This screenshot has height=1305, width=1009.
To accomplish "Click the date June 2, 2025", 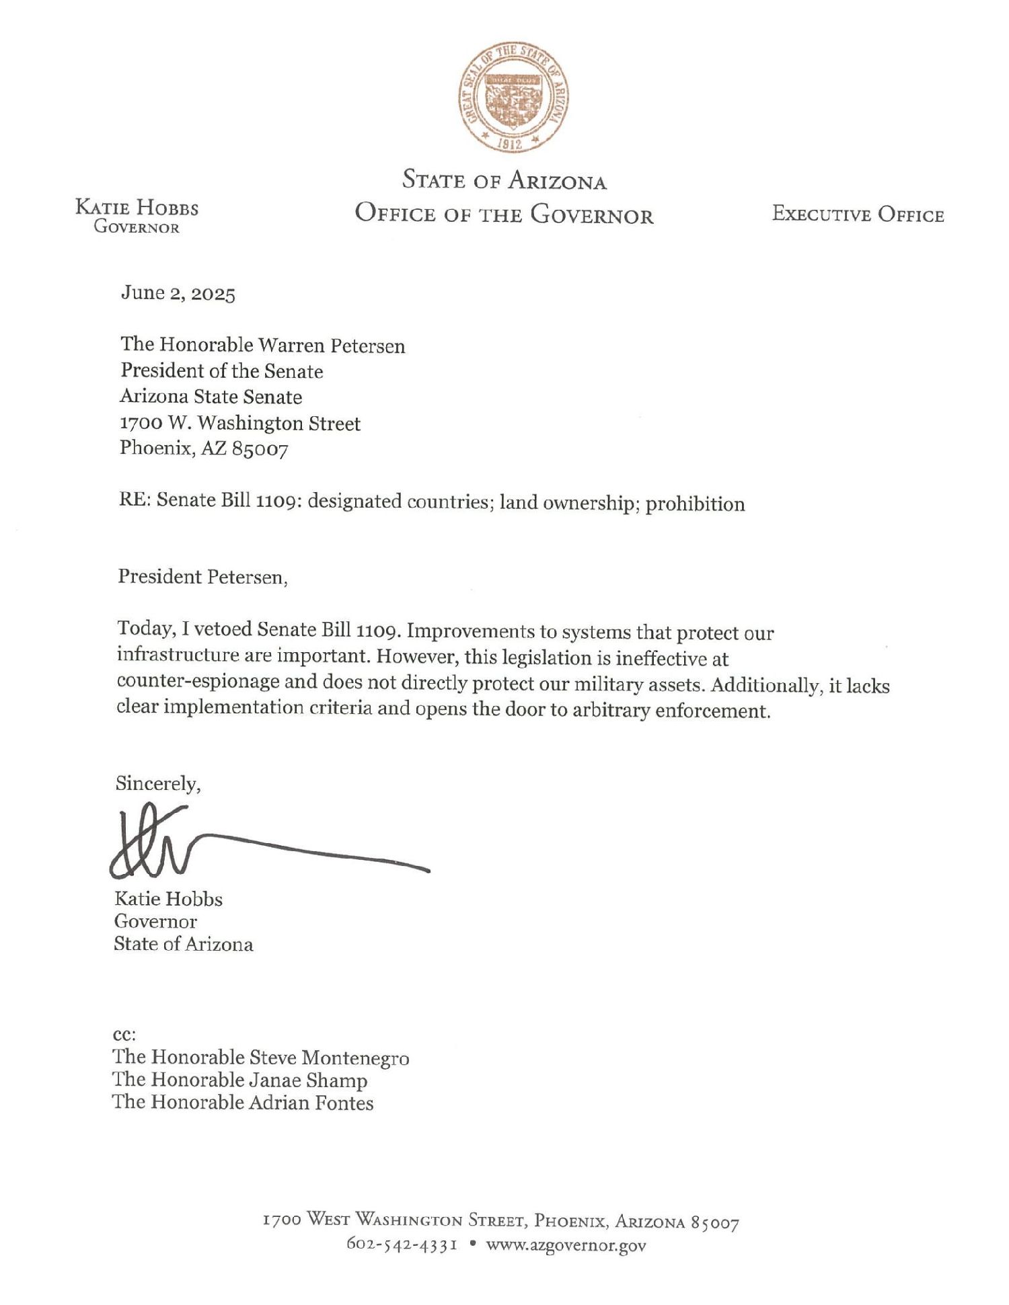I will tap(178, 294).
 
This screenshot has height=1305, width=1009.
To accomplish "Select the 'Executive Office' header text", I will tap(858, 214).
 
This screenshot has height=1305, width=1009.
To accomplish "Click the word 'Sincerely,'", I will tap(157, 783).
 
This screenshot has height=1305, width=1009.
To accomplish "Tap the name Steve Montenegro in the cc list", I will tap(329, 1058).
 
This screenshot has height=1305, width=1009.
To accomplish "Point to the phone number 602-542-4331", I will tap(402, 1244).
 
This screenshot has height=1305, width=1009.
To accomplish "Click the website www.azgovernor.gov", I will tap(566, 1245).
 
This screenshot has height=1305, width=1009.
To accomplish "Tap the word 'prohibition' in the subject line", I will tap(695, 504).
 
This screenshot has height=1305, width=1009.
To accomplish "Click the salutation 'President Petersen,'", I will tap(202, 577).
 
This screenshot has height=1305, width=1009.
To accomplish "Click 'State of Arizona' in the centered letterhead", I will tap(504, 180).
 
